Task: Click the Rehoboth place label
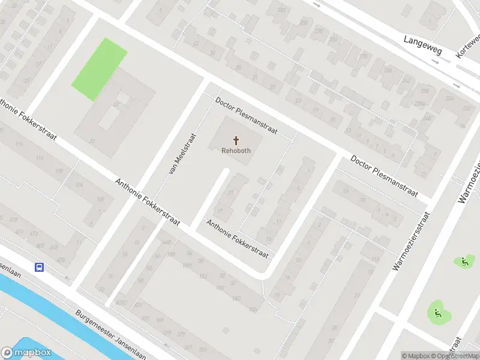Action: point(235,151)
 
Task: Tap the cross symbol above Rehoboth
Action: point(235,140)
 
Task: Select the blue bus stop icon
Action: point(40,268)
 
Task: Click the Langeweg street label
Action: point(422,46)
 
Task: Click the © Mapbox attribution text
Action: point(415,356)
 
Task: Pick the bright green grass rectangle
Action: point(100,68)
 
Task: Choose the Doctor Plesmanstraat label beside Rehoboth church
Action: point(245,116)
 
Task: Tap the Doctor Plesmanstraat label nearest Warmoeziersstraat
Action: point(384,177)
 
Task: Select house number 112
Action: point(40,158)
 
